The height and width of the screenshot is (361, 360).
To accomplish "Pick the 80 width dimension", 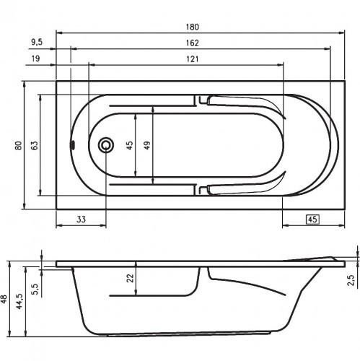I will (x=18, y=144).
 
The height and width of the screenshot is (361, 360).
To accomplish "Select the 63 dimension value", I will (x=34, y=144).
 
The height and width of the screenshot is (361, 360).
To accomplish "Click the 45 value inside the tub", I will (x=130, y=145).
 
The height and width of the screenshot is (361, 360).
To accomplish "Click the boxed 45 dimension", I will (x=312, y=219).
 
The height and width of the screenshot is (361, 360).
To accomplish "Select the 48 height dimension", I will (x=6, y=299).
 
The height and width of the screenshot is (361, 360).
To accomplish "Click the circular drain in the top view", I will (x=107, y=145).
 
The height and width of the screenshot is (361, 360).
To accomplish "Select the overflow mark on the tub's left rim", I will (x=71, y=144).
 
